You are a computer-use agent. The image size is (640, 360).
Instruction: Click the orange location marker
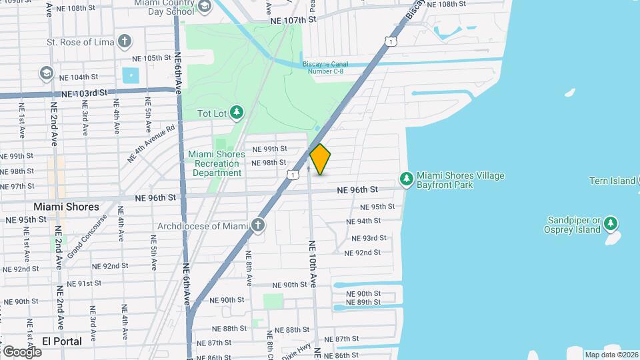pos(320,159)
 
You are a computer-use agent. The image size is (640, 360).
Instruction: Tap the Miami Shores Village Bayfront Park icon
pos(406,179)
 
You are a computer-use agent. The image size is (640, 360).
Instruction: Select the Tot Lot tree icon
pos(236,112)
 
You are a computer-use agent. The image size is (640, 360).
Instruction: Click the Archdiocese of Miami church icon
pos(258,225)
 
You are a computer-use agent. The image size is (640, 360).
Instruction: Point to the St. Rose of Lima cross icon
pos(123,41)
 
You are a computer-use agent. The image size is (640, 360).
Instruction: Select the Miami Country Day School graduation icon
pos(204,7)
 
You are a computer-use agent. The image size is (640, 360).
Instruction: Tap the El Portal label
pos(62,341)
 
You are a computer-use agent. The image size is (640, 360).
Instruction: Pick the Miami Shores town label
pos(67,207)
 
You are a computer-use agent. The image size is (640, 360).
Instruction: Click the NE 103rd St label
pos(84,94)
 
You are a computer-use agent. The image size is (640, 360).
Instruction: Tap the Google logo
pos(21,351)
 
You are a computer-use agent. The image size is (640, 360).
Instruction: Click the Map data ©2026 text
pos(611,355)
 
